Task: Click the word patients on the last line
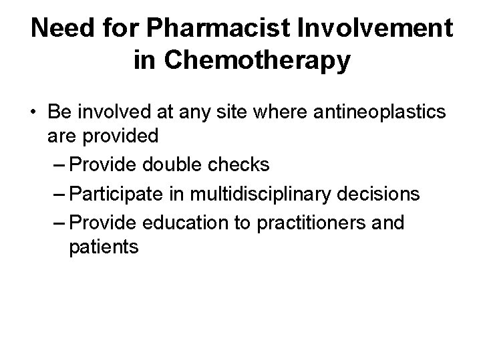104,247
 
